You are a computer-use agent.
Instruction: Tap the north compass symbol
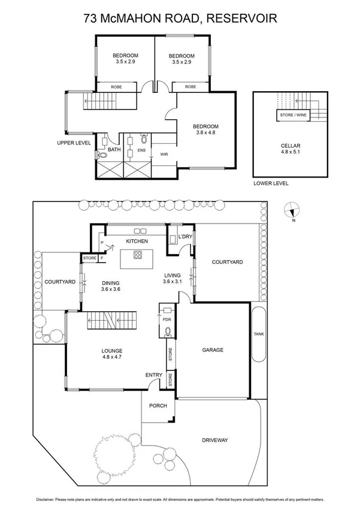coord(292,211)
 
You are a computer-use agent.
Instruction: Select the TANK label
coord(258,334)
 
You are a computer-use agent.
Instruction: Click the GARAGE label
coord(212,350)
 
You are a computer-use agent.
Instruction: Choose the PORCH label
coord(158,405)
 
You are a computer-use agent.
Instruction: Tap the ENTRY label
coord(154,375)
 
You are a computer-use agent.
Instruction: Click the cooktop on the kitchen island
coord(137,255)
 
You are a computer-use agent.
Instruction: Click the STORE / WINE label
coord(292,114)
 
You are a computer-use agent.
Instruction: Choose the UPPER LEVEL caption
coord(74,143)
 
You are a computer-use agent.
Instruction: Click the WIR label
coord(164,154)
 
